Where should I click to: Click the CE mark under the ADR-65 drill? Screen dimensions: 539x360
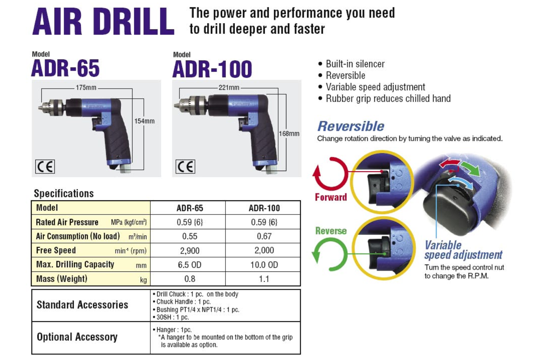(x=45, y=166)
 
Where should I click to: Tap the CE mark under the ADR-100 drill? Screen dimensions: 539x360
(x=185, y=166)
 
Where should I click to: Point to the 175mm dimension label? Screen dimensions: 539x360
(x=86, y=88)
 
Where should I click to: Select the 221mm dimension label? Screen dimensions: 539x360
(x=229, y=88)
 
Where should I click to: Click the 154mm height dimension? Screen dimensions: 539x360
(x=144, y=121)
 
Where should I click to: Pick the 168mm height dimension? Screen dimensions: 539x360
(x=289, y=134)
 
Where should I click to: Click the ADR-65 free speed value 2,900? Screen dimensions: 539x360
(x=190, y=251)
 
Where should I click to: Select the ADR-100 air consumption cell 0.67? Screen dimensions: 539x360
(x=264, y=236)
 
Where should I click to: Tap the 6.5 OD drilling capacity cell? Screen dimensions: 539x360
(x=190, y=265)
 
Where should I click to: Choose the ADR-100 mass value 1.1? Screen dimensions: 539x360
(x=264, y=279)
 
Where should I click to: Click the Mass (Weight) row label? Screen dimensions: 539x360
(x=62, y=279)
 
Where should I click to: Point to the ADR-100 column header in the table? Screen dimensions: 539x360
(x=264, y=208)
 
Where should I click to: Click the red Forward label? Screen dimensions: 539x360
(x=331, y=197)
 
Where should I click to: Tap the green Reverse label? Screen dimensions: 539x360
(x=331, y=231)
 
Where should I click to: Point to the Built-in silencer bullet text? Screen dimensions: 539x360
(x=355, y=64)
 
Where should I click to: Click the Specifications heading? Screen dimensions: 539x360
(x=64, y=193)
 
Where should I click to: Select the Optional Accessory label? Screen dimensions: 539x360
(x=77, y=337)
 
